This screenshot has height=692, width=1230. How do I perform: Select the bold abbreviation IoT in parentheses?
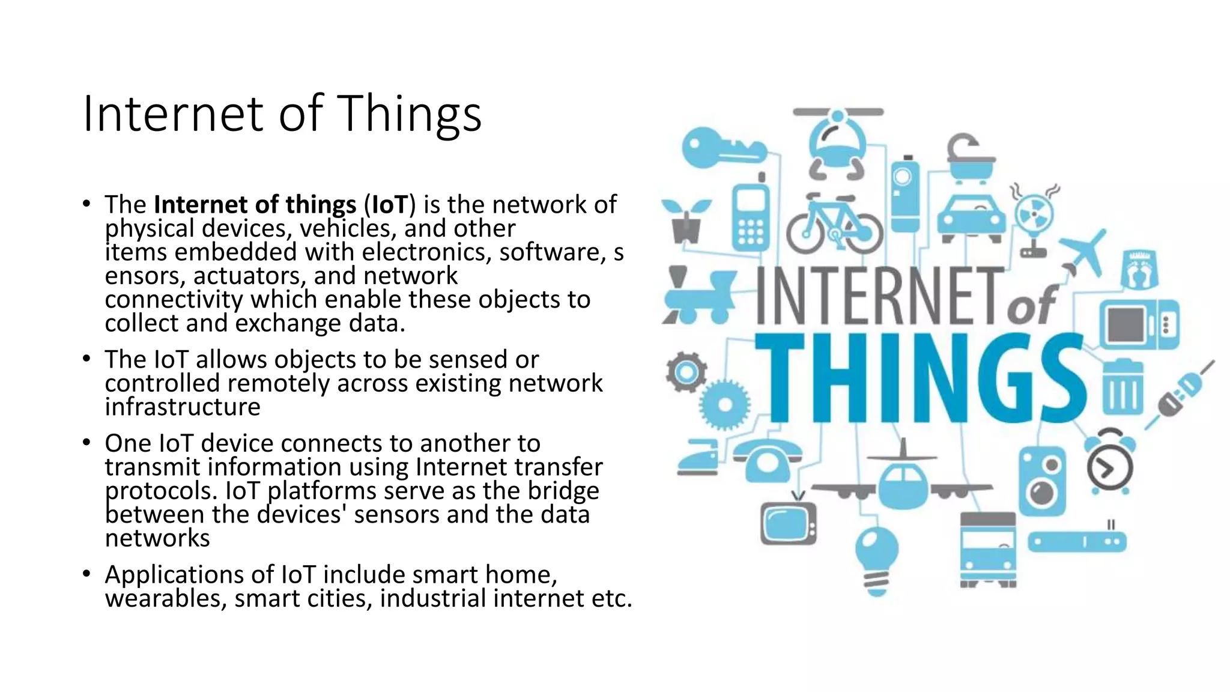click(390, 205)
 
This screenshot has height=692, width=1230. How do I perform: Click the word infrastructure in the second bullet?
click(183, 407)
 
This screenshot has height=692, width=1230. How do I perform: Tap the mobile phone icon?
click(751, 216)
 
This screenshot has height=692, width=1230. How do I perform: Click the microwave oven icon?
click(1139, 325)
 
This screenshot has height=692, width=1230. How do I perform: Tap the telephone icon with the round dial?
click(768, 460)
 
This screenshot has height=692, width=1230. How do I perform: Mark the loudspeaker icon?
click(1043, 480)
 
